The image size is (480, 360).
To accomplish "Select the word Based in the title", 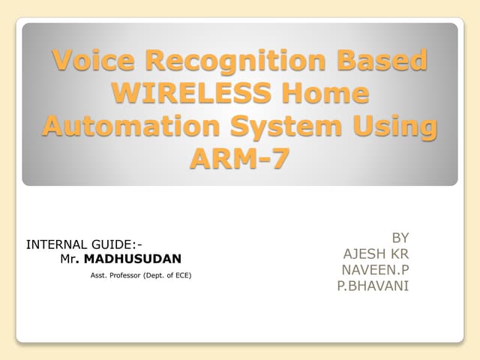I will click(x=382, y=60).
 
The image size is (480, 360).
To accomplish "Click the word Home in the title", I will click(x=328, y=93).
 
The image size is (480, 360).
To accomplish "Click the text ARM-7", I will click(x=240, y=158).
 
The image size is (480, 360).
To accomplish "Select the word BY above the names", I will click(x=400, y=238).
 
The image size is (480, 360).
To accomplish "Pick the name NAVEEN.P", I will click(x=376, y=269).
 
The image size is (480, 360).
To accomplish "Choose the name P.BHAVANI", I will click(x=373, y=286).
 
